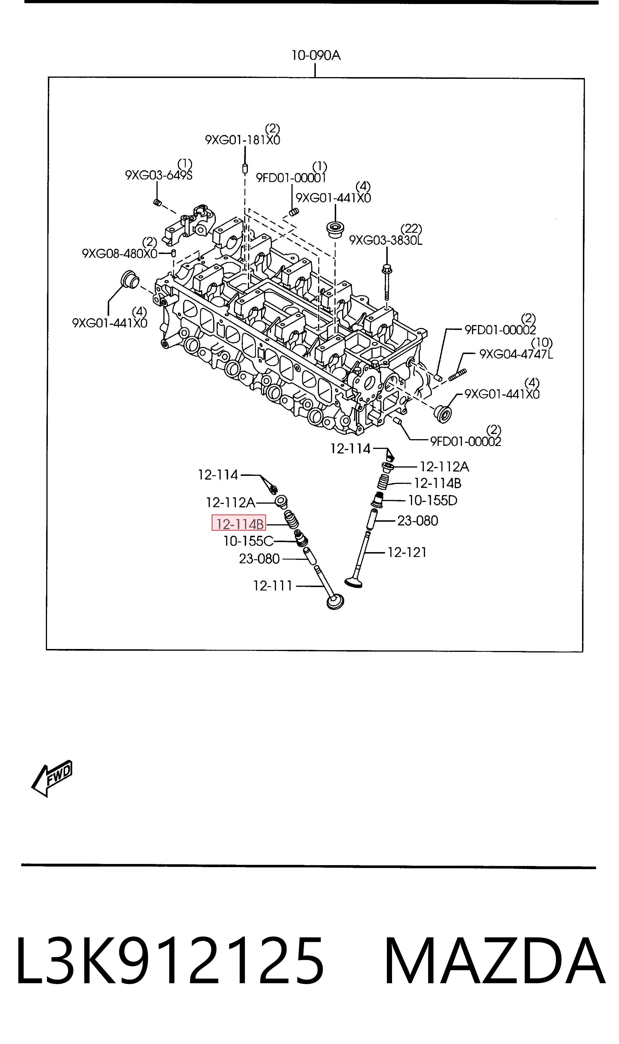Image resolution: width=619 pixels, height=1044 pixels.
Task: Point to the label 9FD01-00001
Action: [x=291, y=178]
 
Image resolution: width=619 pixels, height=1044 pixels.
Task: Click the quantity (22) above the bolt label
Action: [x=411, y=228]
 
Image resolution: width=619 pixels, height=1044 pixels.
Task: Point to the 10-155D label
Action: [x=432, y=500]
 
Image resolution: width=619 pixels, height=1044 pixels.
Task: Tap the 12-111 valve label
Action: [x=273, y=586]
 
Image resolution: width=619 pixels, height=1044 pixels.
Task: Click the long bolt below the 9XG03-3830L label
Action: [x=386, y=282]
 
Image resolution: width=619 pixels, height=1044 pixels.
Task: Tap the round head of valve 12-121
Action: [x=354, y=582]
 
